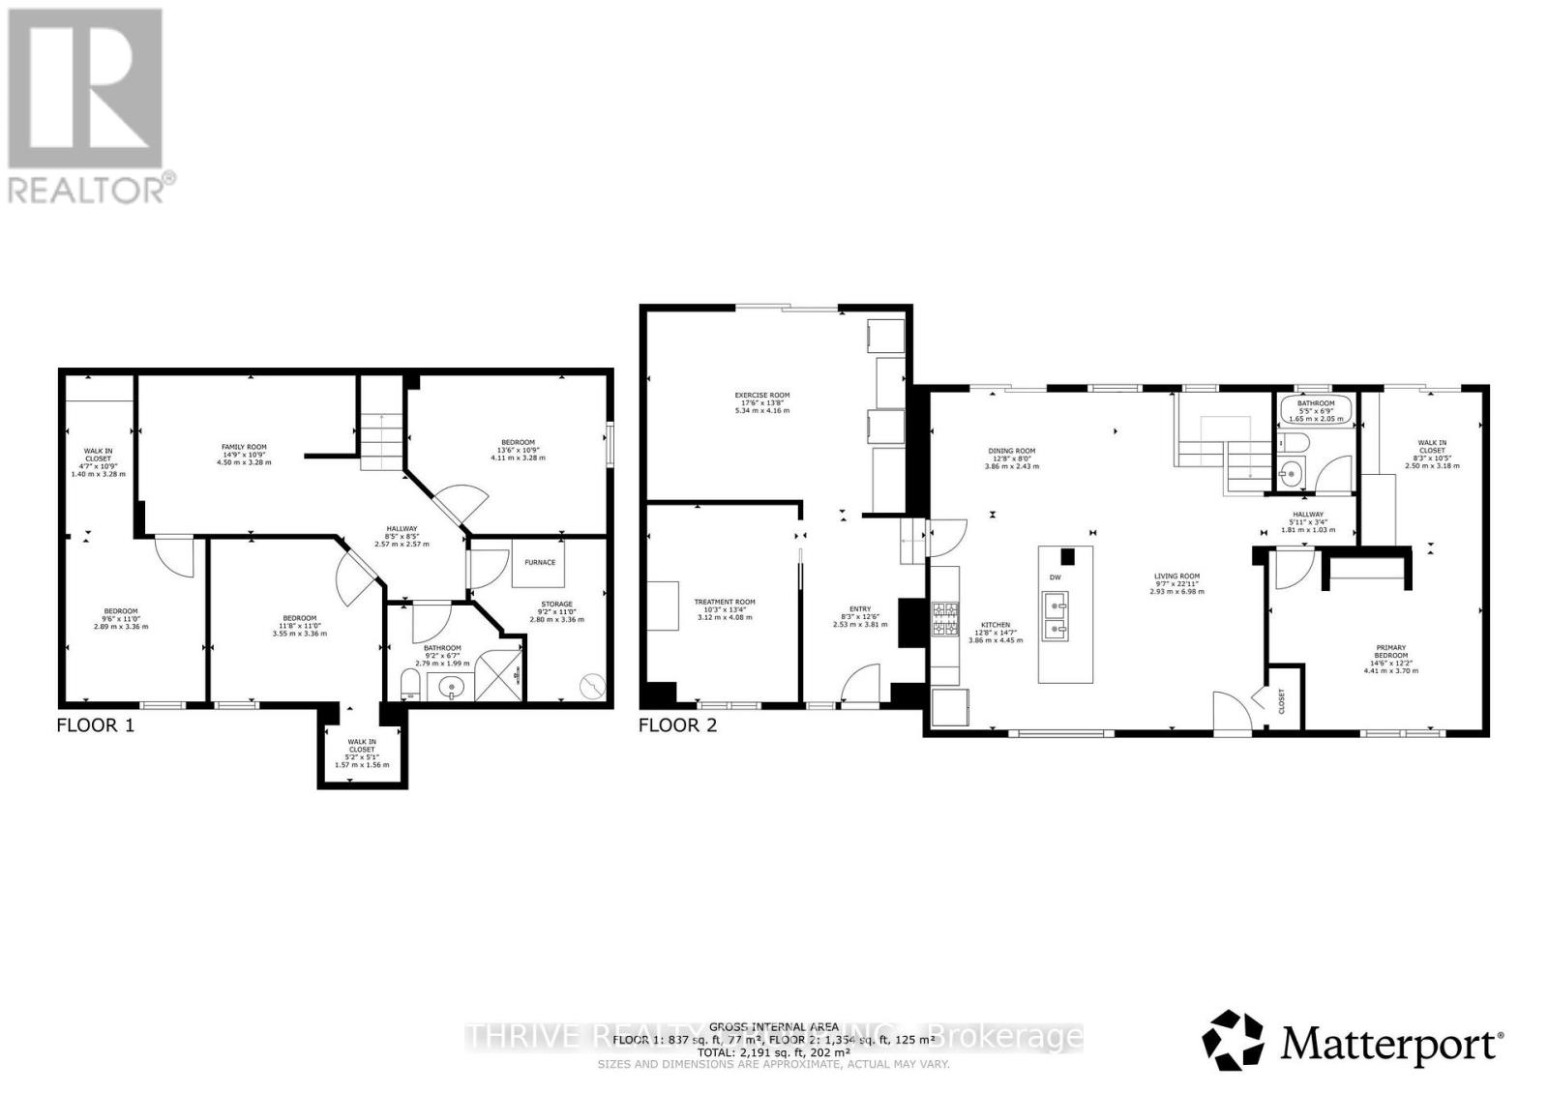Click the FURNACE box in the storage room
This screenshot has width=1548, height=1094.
pyautogui.click(x=539, y=562)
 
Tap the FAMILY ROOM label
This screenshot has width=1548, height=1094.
pyautogui.click(x=243, y=447)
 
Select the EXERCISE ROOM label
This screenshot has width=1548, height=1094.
pyautogui.click(x=761, y=395)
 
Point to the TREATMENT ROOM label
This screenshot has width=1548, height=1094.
pyautogui.click(x=724, y=602)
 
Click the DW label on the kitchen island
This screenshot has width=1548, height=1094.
pyautogui.click(x=1055, y=577)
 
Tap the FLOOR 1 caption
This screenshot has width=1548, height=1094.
pyautogui.click(x=95, y=724)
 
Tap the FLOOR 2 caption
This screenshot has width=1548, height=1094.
pyautogui.click(x=677, y=724)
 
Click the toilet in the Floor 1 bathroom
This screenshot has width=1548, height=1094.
pyautogui.click(x=410, y=688)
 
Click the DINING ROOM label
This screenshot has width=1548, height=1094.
pyautogui.click(x=1011, y=451)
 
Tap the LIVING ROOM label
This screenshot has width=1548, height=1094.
pyautogui.click(x=1176, y=577)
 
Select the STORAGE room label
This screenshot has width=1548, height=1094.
pyautogui.click(x=556, y=605)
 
